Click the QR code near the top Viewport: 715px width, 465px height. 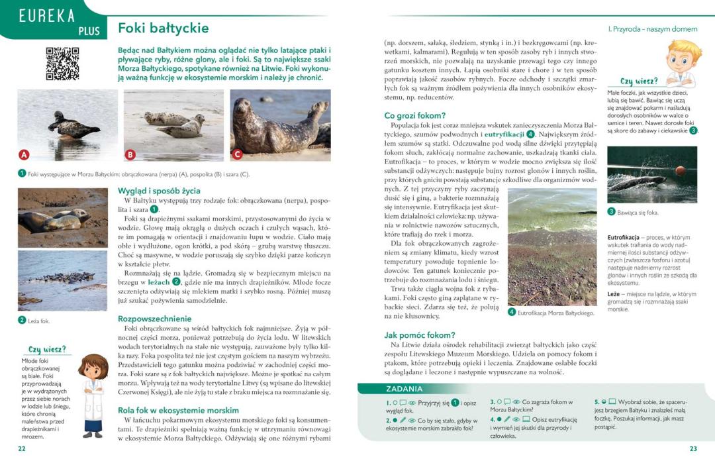63,64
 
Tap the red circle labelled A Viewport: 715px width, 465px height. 24,155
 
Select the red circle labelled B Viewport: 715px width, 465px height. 130,155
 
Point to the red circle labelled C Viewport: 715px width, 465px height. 237,155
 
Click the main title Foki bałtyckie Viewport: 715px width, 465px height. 163,28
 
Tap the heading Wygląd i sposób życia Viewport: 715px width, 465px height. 158,191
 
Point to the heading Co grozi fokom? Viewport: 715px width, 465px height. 415,116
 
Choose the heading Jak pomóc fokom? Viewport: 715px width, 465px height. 420,335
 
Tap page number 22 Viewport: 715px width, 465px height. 22,448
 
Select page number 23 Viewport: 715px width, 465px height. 693,448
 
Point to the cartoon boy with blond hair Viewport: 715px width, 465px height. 682,63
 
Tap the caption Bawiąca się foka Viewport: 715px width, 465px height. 638,213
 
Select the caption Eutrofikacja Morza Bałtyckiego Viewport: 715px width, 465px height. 555,313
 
